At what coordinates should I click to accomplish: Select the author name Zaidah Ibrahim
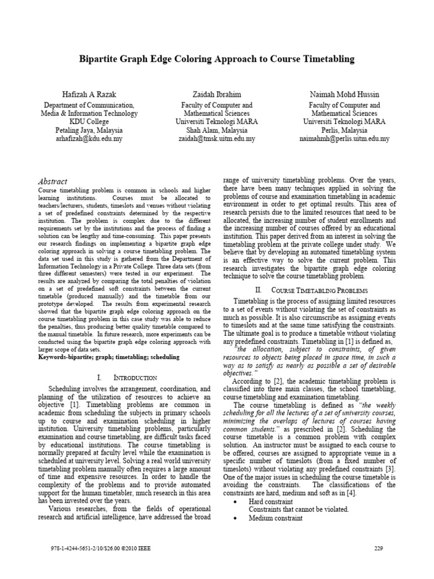coord(217,93)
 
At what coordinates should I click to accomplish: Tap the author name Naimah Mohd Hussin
coord(344,93)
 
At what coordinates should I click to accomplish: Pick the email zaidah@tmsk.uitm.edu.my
coord(217,138)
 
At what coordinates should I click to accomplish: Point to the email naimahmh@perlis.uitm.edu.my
coord(344,138)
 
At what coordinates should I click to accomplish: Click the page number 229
coord(379,548)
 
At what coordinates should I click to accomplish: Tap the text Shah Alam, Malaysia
coord(217,130)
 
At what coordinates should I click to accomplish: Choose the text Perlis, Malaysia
coord(344,130)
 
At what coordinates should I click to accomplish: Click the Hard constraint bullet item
coord(271,502)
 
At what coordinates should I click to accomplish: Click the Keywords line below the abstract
coord(108,357)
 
